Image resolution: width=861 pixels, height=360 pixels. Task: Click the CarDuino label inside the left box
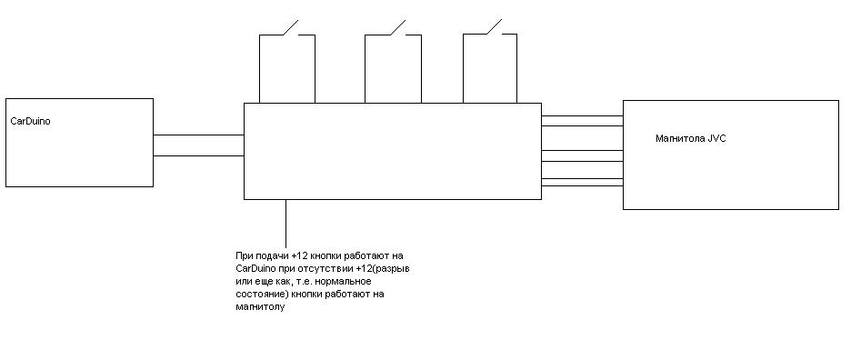click(x=31, y=121)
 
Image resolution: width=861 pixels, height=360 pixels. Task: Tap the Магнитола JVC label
click(x=691, y=139)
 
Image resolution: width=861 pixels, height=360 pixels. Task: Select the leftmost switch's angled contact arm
click(x=290, y=27)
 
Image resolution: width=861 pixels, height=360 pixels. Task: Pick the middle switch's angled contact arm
click(x=397, y=27)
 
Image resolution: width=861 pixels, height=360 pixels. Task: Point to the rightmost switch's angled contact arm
click(x=495, y=27)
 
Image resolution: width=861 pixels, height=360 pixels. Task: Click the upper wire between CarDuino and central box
click(x=198, y=135)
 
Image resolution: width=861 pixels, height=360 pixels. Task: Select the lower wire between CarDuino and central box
click(x=198, y=155)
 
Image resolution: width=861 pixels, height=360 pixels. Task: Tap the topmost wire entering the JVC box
click(x=582, y=116)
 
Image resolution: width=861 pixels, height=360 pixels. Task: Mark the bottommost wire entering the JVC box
click(x=582, y=186)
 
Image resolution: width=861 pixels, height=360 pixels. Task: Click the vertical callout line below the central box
click(x=286, y=224)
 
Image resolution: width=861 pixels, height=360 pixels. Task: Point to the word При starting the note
click(x=243, y=256)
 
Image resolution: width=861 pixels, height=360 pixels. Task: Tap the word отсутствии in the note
click(x=331, y=269)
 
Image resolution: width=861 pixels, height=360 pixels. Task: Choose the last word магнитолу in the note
click(x=260, y=307)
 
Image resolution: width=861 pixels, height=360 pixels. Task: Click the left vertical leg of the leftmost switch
click(x=260, y=68)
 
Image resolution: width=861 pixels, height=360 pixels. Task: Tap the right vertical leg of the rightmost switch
click(x=516, y=68)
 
